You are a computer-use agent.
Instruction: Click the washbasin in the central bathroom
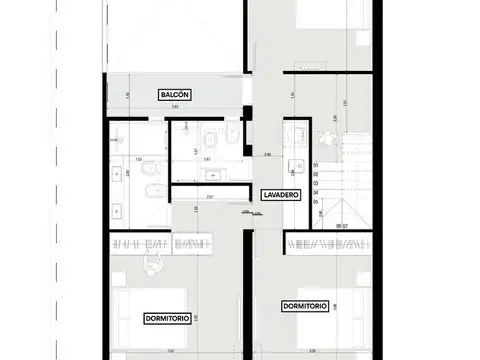tap(211, 173)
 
